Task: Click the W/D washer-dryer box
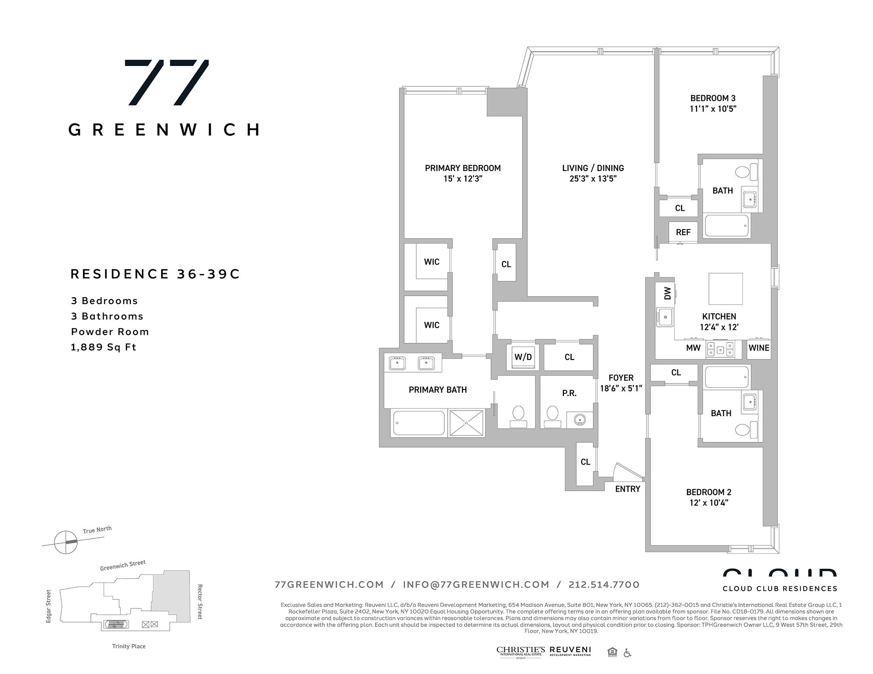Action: click(x=523, y=357)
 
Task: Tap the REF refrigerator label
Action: click(x=683, y=233)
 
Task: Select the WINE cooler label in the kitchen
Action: click(x=759, y=348)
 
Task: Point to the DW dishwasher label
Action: click(x=667, y=293)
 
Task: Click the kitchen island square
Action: click(x=725, y=289)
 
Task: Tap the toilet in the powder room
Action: click(x=553, y=416)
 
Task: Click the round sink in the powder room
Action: click(x=580, y=420)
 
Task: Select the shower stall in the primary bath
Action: click(x=466, y=422)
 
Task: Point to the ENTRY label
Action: click(x=628, y=489)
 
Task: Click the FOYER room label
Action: click(x=621, y=378)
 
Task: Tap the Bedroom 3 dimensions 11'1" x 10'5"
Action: click(x=713, y=109)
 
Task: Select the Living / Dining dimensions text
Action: click(x=593, y=178)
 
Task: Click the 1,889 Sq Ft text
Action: click(x=103, y=347)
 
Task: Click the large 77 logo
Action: click(x=167, y=82)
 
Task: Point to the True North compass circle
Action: click(x=66, y=542)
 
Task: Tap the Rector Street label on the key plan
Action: click(x=200, y=602)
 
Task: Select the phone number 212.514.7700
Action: click(x=604, y=585)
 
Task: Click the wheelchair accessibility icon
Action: click(x=627, y=653)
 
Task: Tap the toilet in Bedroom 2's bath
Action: click(x=743, y=429)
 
